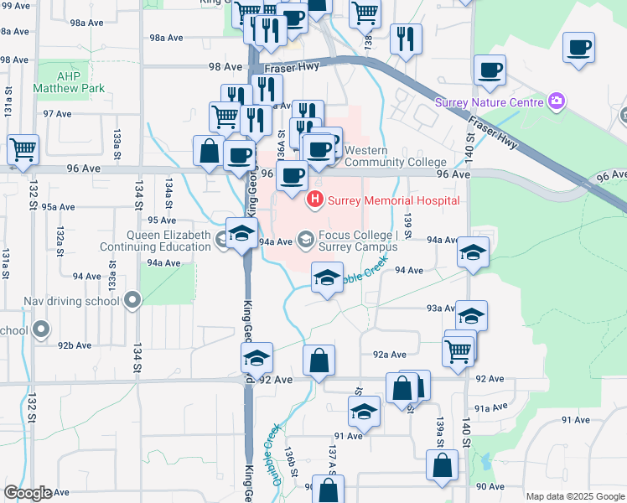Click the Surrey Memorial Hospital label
[x=393, y=200]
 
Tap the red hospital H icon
[x=315, y=200]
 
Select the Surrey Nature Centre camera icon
[x=557, y=102]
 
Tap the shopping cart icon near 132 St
[x=23, y=149]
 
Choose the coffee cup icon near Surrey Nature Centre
[x=490, y=70]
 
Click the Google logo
[x=28, y=493]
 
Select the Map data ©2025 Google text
[x=576, y=496]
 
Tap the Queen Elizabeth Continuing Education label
[x=155, y=241]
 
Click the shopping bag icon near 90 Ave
[x=442, y=465]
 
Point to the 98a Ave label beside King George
[x=166, y=38]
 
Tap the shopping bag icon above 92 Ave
[x=319, y=360]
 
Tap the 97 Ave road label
[x=57, y=113]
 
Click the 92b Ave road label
[x=74, y=345]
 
